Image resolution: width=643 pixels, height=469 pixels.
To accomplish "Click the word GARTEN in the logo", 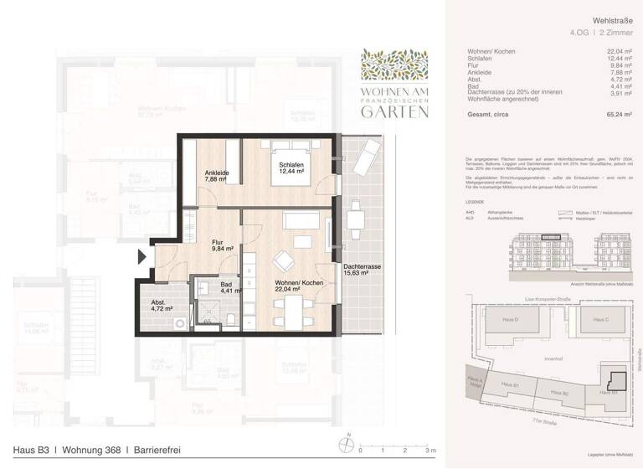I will (395, 110).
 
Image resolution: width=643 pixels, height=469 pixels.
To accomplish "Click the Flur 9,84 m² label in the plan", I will (222, 245).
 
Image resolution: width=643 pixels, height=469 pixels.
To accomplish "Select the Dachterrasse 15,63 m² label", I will (363, 271).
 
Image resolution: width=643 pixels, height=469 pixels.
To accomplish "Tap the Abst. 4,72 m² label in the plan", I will (161, 305).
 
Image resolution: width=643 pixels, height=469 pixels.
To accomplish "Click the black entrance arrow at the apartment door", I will (142, 258).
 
